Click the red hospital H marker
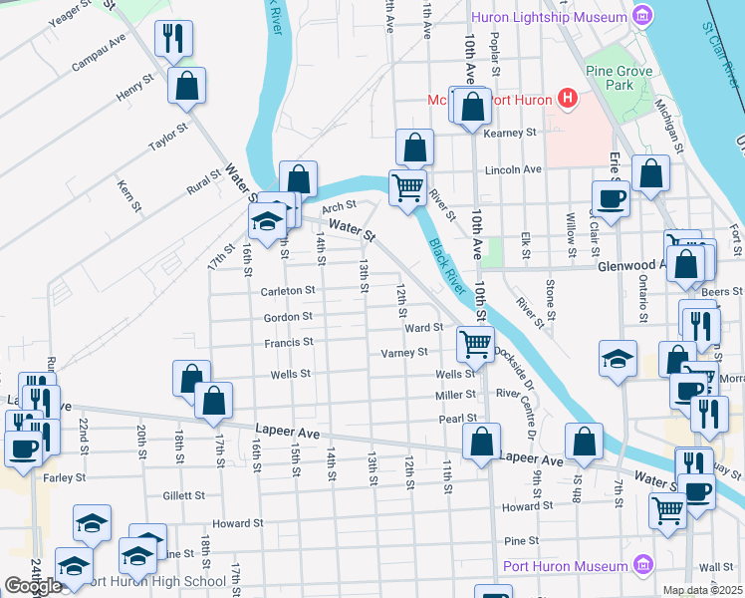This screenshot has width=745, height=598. coord(567,98)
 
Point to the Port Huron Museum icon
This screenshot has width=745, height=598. coord(642,566)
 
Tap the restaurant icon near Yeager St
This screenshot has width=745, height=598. coord(174,39)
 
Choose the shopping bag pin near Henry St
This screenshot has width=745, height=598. coord(186,87)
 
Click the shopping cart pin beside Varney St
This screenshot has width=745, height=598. coord(475,344)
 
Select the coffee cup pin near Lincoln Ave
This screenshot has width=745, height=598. coord(611,197)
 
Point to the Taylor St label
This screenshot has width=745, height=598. coord(168,138)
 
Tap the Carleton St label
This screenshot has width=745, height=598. coord(287,291)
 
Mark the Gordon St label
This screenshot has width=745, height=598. coord(288,317)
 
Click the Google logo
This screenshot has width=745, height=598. coord(33,586)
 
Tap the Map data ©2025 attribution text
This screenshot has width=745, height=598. coord(702,590)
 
